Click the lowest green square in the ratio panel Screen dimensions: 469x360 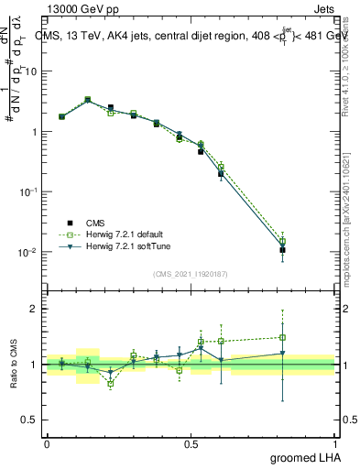[x=112, y=384]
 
